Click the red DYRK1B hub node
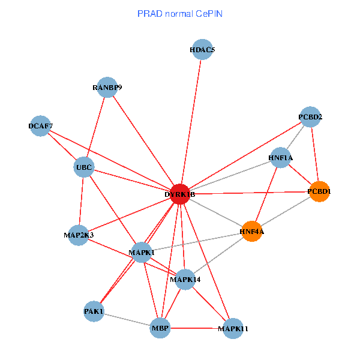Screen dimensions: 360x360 [180, 194]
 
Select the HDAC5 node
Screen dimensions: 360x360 [202, 49]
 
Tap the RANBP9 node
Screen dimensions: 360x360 [107, 87]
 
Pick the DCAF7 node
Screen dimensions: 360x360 [40, 126]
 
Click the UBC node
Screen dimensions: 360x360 [84, 167]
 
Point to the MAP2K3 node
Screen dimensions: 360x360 [78, 235]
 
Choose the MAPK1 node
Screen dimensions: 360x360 [142, 253]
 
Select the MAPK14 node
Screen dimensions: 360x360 [185, 280]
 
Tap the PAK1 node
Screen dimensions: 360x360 [94, 311]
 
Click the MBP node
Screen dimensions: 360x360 [160, 328]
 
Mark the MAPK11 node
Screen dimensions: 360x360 [233, 329]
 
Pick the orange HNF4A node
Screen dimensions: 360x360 [252, 232]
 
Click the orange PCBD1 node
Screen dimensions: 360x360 [319, 191]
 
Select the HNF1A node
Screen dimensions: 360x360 [281, 158]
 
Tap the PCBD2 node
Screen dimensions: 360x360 [310, 117]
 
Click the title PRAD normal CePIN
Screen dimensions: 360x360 [180, 14]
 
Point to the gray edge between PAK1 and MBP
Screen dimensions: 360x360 [127, 320]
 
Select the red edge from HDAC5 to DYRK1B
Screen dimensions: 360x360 [191, 122]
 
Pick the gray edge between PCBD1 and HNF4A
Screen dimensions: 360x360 [286, 211]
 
